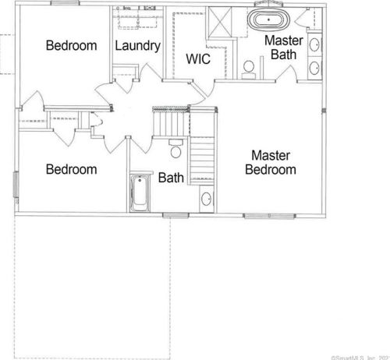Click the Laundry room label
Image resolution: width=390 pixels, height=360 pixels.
pos(137,46)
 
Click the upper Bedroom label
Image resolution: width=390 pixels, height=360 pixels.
pos(72,45)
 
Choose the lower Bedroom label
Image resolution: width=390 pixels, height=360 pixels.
pos(71,169)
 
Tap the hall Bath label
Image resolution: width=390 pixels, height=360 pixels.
pos(171,178)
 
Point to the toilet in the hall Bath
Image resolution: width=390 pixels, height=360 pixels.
pos(175,146)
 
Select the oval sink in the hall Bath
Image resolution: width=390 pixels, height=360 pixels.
pos(205,199)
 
